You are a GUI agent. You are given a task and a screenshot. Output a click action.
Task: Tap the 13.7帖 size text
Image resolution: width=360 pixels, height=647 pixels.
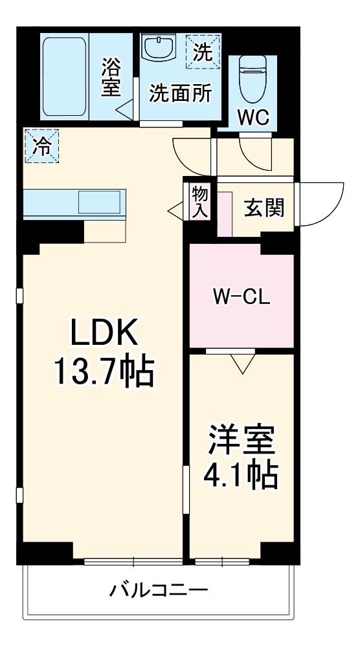click(x=104, y=372)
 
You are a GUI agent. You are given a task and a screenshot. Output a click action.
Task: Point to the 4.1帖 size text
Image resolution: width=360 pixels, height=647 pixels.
click(x=242, y=476)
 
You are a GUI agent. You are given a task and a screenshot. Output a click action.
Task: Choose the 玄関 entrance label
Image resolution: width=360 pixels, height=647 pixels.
click(x=264, y=208)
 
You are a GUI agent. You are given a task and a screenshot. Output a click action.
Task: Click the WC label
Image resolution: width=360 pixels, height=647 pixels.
click(x=253, y=118)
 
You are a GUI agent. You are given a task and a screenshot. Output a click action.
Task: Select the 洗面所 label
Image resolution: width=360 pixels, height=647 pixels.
click(x=181, y=93)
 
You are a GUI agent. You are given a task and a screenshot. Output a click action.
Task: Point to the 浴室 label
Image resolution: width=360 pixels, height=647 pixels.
click(x=111, y=76)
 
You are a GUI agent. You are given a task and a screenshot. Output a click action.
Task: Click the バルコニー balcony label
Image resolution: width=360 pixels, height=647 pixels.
click(x=159, y=590)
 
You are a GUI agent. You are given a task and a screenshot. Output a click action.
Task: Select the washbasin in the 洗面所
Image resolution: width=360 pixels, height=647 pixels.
click(x=159, y=47)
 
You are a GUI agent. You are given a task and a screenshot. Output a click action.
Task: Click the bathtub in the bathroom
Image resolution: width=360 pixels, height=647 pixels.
click(x=65, y=76)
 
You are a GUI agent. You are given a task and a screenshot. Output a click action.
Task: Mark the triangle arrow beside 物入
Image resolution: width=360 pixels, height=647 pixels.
click(x=175, y=210)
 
